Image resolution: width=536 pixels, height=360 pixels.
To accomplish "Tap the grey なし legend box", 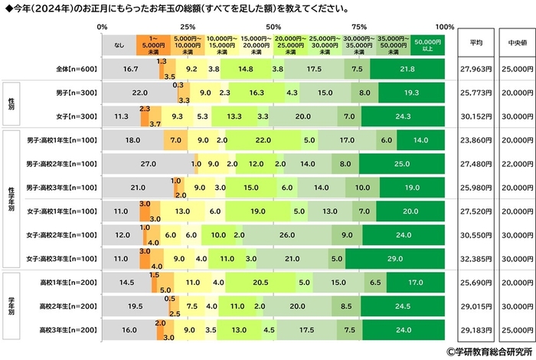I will point(119,44).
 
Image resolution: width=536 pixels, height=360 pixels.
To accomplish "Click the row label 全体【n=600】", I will point(74,68).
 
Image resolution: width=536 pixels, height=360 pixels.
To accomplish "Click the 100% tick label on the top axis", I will point(444,27).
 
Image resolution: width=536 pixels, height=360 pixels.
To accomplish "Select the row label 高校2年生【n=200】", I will point(67,306).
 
